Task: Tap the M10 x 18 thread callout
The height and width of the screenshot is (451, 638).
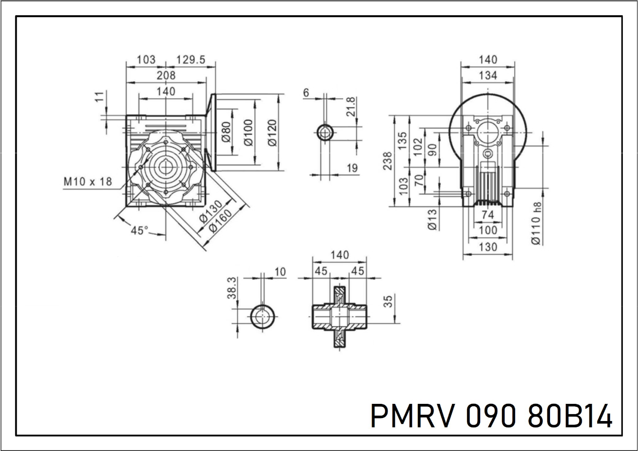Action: [x=88, y=181]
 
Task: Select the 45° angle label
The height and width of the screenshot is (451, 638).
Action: [x=140, y=230]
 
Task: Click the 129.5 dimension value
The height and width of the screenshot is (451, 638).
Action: [x=191, y=59]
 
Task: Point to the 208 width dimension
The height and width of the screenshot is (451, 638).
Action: [x=166, y=75]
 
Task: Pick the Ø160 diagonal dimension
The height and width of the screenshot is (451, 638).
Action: [x=220, y=222]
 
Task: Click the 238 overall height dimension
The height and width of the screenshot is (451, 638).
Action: [x=387, y=161]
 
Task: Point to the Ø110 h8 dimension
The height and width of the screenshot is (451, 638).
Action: [x=536, y=224]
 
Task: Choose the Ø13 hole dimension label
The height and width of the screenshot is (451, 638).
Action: [x=432, y=219]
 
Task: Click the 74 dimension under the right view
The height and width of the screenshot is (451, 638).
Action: [x=487, y=215]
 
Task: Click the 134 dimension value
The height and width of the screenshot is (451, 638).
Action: [x=488, y=75]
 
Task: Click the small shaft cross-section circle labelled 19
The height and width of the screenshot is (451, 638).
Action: [x=325, y=132]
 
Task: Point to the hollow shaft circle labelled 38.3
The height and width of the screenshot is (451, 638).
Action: [x=263, y=317]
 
